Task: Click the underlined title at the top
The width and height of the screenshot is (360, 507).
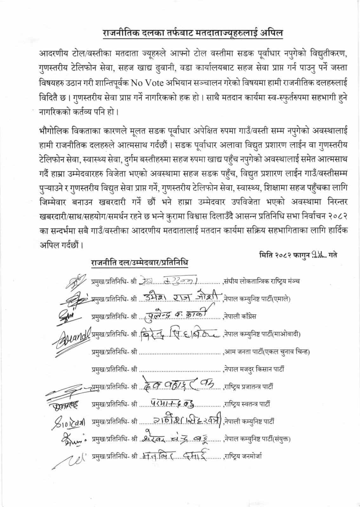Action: click(193, 33)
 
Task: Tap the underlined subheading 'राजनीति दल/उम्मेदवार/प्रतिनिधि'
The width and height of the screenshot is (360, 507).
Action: click(140, 263)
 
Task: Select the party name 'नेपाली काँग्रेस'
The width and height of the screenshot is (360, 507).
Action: click(240, 316)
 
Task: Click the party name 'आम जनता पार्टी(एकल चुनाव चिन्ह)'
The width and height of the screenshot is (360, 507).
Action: click(267, 351)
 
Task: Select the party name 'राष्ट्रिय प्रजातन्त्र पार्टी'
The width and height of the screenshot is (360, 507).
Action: click(248, 387)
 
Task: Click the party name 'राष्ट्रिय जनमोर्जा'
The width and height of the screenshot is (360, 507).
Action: click(243, 457)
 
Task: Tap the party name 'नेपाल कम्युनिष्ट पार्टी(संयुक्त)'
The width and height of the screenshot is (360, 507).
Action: click(258, 439)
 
